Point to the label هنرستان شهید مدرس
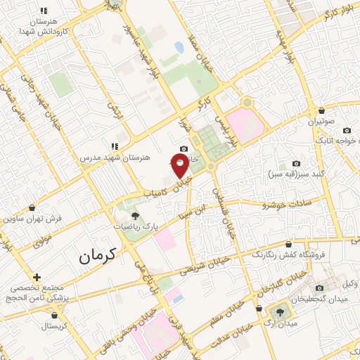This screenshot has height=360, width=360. pyautogui.click(x=117, y=157)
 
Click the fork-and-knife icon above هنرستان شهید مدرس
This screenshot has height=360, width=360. pyautogui.click(x=114, y=146)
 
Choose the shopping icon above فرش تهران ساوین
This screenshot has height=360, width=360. pyautogui.click(x=32, y=207)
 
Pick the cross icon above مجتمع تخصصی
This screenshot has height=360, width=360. pyautogui.click(x=37, y=277)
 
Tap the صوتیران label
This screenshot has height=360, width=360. pyautogui.click(x=320, y=122)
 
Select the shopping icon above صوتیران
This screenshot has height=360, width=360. pyautogui.click(x=321, y=111)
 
